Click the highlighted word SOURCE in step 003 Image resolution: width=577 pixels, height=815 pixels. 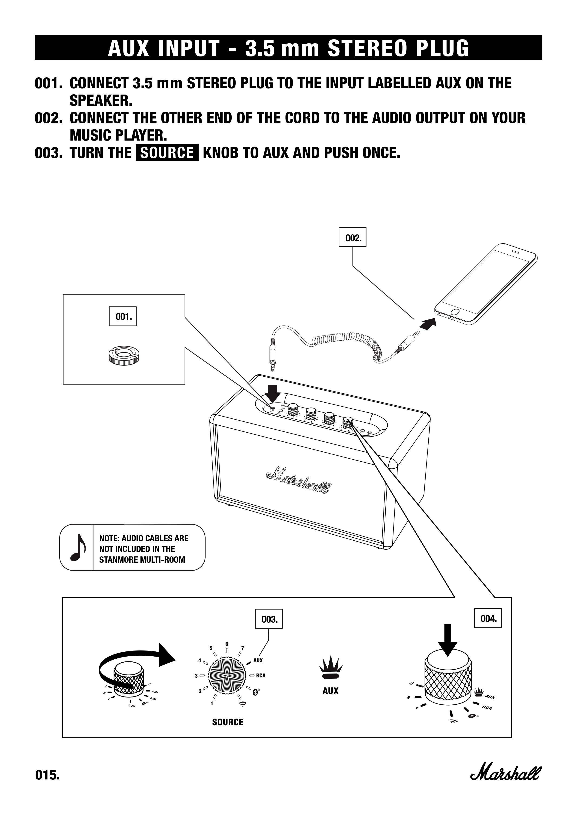click(167, 153)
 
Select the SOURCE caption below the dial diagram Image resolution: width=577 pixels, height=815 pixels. click(228, 722)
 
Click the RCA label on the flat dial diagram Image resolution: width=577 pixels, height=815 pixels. click(261, 676)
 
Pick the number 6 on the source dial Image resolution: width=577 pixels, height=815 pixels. click(227, 644)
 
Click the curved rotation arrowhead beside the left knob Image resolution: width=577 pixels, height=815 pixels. click(166, 654)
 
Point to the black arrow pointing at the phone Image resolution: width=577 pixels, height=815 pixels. click(427, 323)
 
